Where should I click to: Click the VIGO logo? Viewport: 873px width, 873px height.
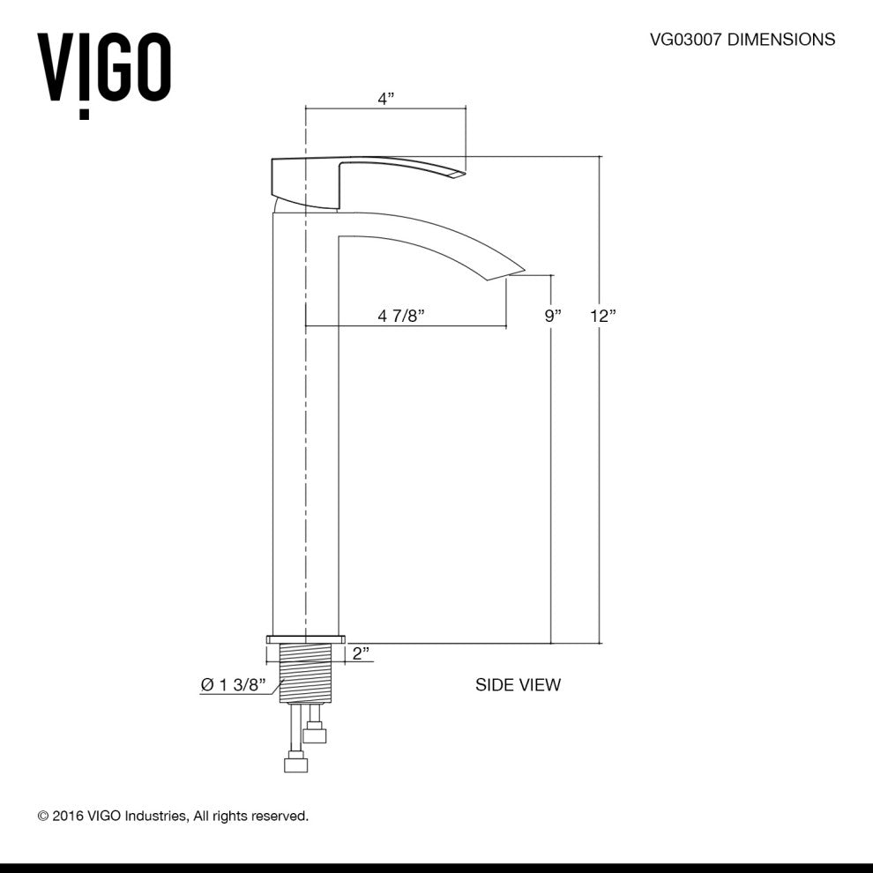(x=103, y=71)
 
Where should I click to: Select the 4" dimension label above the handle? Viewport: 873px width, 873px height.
(x=385, y=99)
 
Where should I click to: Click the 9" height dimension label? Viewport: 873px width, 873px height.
(x=553, y=316)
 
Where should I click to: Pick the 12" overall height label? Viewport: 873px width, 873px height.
(x=603, y=316)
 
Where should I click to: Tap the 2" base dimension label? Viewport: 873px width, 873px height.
(x=360, y=653)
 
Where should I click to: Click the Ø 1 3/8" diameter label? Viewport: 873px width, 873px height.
(x=233, y=685)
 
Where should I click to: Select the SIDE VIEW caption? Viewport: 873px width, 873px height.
(x=518, y=684)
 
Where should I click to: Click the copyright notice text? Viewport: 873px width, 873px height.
(x=173, y=816)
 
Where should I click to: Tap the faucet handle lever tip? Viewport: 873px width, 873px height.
(x=455, y=173)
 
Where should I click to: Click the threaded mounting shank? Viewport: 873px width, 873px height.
(x=305, y=673)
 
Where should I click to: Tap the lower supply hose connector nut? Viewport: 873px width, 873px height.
(x=295, y=764)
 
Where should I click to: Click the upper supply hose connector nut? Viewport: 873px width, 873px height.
(x=315, y=734)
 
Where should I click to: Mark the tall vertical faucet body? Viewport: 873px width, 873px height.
(x=305, y=423)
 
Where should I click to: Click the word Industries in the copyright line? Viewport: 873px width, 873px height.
(x=156, y=816)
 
